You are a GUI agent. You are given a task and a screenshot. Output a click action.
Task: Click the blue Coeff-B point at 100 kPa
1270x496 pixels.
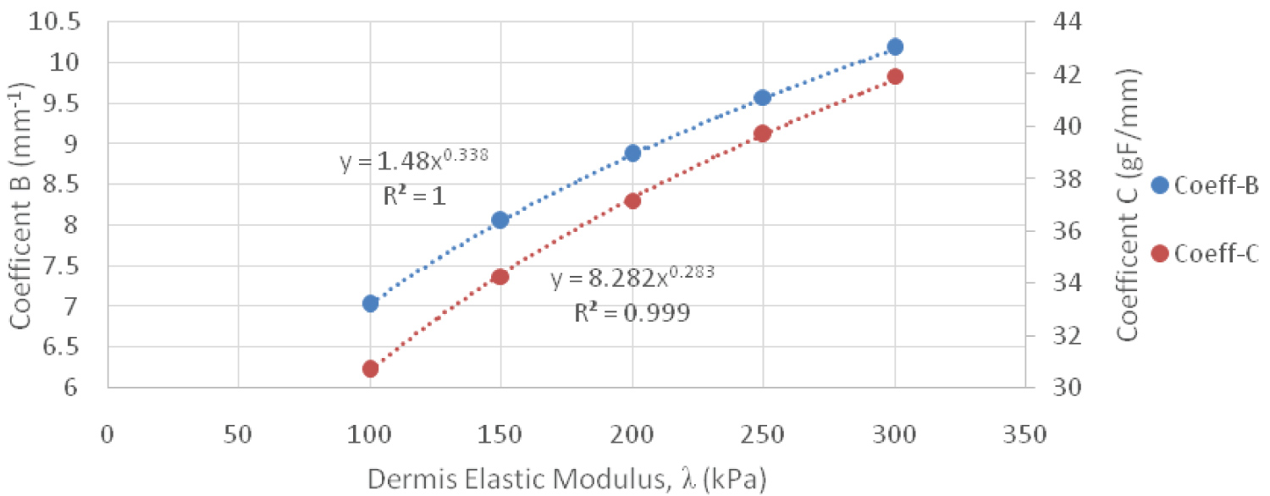(370, 303)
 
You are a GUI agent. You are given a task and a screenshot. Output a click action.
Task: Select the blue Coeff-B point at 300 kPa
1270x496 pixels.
(895, 47)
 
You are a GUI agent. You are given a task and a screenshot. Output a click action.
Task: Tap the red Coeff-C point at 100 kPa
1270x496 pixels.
(370, 369)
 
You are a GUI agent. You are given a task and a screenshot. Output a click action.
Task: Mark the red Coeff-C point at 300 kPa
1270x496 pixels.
(895, 77)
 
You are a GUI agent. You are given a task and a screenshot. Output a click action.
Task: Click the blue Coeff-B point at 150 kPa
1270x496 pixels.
(500, 220)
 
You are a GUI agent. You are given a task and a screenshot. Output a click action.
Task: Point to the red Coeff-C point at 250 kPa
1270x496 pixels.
(763, 133)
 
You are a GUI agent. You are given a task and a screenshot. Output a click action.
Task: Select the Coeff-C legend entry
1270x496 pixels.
(1206, 253)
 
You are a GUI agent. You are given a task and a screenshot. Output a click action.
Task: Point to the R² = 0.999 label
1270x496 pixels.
(632, 312)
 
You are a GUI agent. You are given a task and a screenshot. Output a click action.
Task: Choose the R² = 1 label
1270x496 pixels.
(414, 196)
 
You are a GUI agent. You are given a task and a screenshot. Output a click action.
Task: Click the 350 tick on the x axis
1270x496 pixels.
(1025, 434)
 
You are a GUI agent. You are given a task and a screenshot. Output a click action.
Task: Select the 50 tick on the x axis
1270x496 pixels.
(238, 434)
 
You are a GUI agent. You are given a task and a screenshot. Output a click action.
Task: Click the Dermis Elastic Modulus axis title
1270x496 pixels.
(566, 477)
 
